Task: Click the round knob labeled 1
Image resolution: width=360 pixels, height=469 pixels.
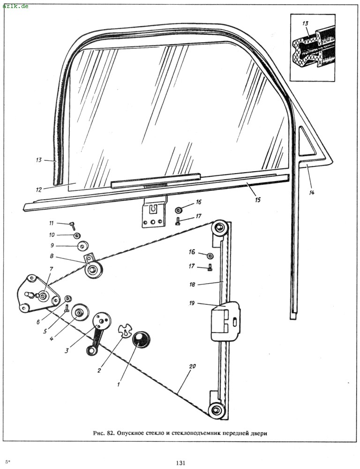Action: coord(141,339)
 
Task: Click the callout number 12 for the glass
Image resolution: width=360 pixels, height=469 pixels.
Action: coord(38,190)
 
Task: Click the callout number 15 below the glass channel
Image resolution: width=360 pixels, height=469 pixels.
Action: coord(257,199)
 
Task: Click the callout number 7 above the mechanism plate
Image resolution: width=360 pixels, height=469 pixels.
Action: coord(51,269)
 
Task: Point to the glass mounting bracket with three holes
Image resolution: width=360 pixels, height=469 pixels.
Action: coord(154,214)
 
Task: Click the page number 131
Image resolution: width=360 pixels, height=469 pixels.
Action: coord(180,463)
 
